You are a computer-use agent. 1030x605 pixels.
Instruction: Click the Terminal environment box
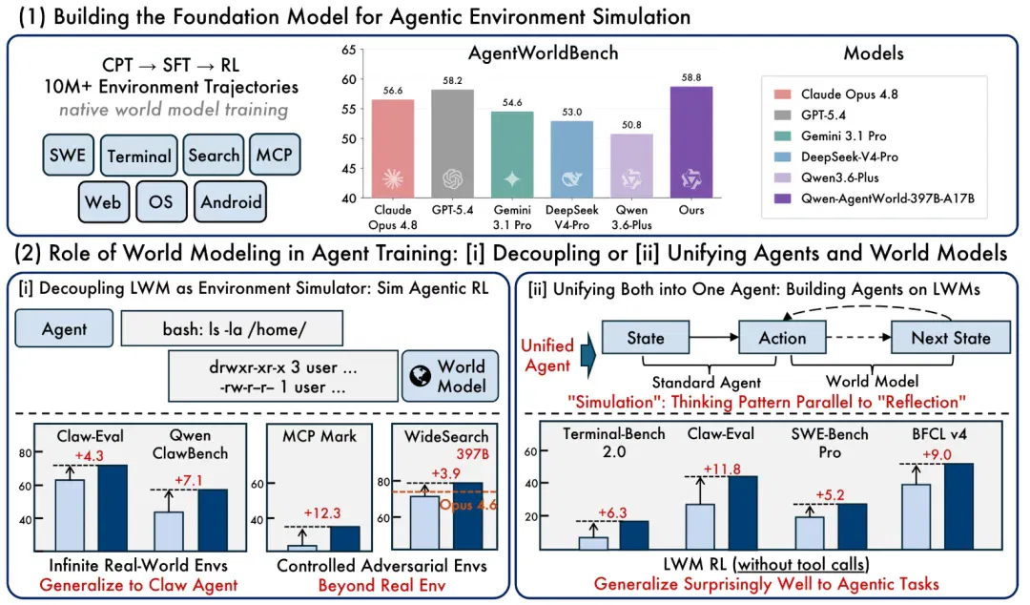tap(138, 156)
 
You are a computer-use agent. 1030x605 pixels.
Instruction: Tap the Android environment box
tap(231, 202)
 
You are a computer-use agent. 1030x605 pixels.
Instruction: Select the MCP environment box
tap(275, 155)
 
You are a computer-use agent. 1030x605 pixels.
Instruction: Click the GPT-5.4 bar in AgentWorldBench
tap(453, 143)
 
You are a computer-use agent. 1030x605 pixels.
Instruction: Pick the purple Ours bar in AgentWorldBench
tap(691, 142)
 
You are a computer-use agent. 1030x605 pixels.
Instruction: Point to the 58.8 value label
tap(691, 77)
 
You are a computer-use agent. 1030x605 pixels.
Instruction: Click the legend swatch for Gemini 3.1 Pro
tap(782, 136)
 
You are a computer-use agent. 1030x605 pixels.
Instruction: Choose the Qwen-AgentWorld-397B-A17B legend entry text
tap(888, 198)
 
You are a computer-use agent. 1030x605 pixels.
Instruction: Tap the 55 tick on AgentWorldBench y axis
tap(349, 109)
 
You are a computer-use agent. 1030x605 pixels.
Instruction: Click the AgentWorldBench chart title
tap(543, 53)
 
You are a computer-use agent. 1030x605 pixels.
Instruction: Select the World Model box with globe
tap(450, 375)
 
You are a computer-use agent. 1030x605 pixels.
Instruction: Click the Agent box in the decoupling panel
tap(65, 329)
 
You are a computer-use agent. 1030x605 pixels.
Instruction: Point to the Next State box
tap(951, 338)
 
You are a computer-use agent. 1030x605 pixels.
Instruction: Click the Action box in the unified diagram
tap(782, 338)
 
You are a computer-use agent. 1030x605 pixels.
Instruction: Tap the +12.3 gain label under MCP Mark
tap(322, 513)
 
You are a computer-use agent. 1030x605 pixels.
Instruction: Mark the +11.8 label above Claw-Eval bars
tap(722, 469)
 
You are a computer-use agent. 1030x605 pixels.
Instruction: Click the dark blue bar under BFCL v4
tap(959, 506)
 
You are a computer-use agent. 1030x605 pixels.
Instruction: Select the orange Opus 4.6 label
tap(468, 505)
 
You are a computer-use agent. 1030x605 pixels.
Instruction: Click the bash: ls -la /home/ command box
tap(232, 329)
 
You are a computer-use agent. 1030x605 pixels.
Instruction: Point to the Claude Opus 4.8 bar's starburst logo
tap(393, 178)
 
